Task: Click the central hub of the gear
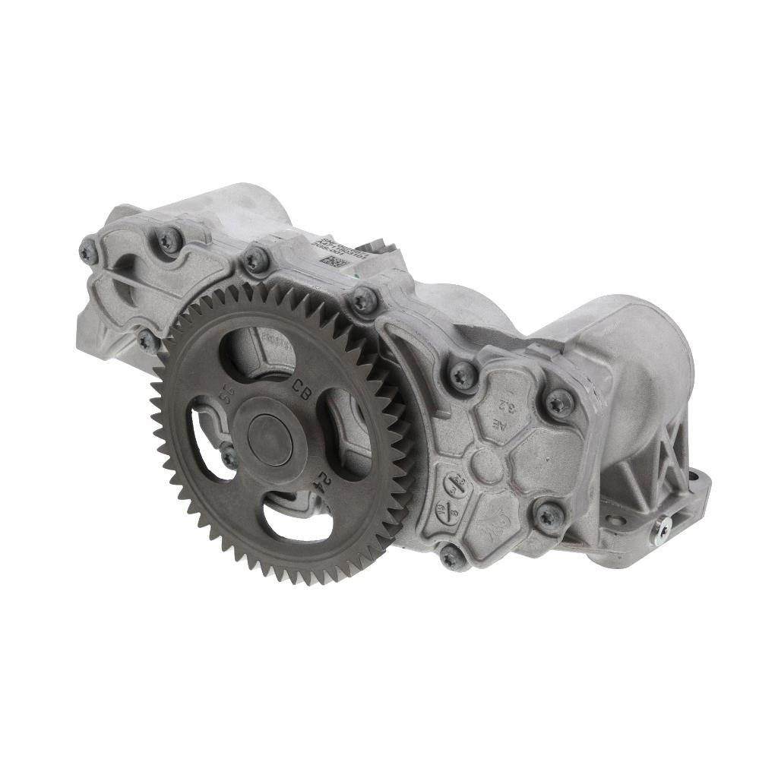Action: [x=270, y=441]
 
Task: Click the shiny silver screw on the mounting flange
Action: [x=663, y=530]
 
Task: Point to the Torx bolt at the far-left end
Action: [x=88, y=251]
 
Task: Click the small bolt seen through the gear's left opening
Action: [x=228, y=457]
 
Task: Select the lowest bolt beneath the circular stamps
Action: [x=451, y=556]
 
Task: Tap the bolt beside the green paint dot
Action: [x=363, y=302]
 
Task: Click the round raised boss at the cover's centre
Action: [x=486, y=465]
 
